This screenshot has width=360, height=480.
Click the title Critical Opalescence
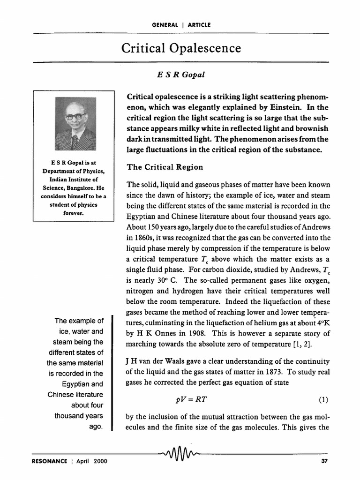[x=181, y=48]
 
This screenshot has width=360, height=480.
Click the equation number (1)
[x=324, y=400]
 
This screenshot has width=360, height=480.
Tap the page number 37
[x=324, y=461]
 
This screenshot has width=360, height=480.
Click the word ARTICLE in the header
[x=199, y=24]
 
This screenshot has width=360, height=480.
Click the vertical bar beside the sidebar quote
[x=112, y=373]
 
